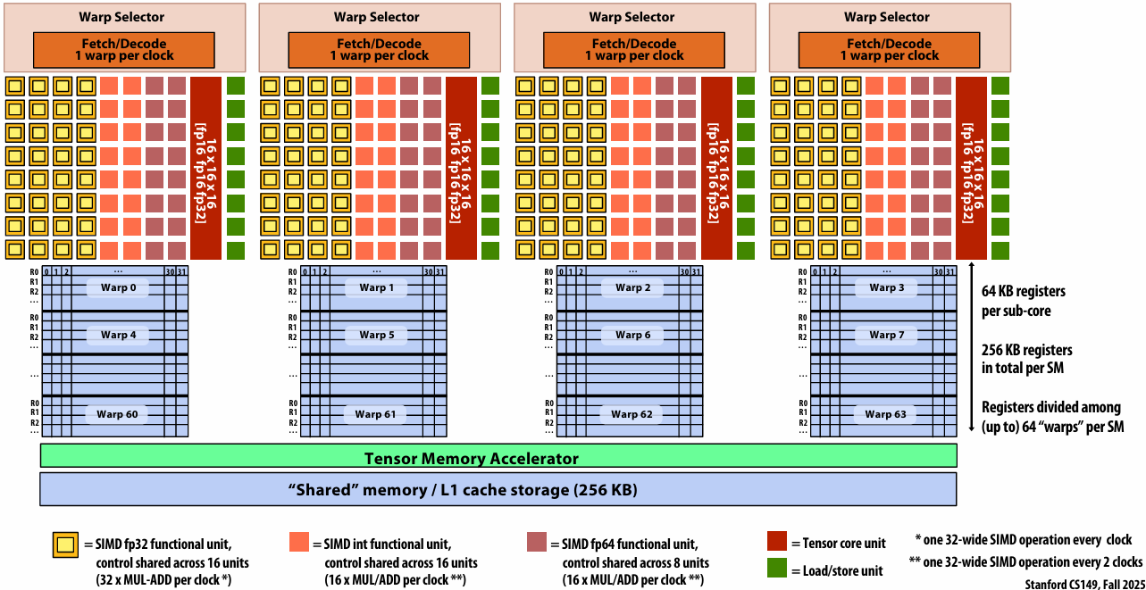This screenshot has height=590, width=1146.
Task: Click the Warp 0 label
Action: tap(118, 287)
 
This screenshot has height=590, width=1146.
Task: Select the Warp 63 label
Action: tap(885, 414)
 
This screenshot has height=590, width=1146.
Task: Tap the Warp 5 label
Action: tap(377, 335)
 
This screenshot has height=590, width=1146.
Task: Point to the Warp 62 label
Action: tap(632, 414)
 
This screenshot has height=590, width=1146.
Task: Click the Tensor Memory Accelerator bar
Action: tap(498, 455)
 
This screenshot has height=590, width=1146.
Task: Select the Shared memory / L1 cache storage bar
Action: tap(498, 489)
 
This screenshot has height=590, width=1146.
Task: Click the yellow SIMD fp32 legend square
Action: tap(65, 544)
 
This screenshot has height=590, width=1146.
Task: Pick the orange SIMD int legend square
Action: tap(298, 542)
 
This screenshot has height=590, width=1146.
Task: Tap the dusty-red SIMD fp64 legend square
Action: tap(537, 542)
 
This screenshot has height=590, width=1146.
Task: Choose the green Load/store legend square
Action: tap(776, 568)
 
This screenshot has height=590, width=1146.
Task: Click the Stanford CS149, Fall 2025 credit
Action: tap(1085, 584)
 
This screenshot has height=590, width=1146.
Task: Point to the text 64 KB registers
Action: tap(1024, 291)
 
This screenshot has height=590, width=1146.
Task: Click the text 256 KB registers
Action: tap(1027, 350)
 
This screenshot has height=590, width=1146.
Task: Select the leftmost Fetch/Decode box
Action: tap(124, 50)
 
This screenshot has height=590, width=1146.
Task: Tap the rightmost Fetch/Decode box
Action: tap(889, 50)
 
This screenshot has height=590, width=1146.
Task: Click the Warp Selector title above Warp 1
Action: tap(377, 17)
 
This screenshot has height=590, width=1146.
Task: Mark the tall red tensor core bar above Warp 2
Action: tap(716, 168)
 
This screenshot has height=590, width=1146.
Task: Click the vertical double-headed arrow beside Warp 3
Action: tap(972, 347)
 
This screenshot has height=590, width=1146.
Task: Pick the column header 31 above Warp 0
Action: tap(181, 271)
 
